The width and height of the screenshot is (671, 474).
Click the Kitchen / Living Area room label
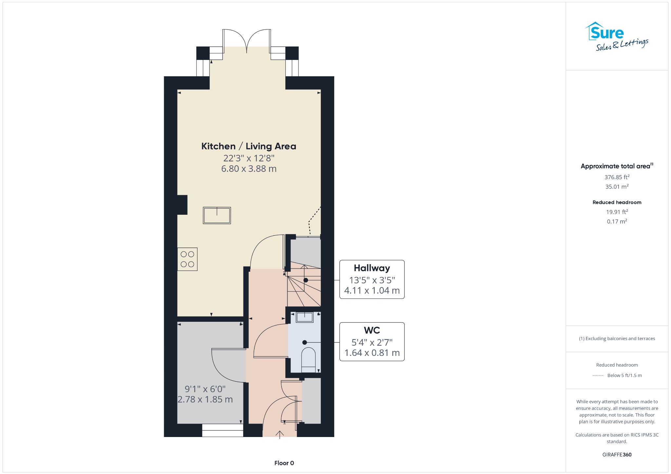249,146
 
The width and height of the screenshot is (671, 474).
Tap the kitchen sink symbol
217,215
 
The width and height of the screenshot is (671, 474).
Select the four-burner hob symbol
187,259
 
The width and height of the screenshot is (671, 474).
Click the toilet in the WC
308,358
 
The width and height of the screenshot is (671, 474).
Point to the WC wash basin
305,317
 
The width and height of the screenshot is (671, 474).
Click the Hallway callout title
372,268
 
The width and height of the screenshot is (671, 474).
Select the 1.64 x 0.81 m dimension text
372,353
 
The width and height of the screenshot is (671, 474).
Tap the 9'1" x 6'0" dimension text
205,389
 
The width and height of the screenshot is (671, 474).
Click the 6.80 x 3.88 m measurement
249,169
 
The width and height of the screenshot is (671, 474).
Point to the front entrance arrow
279,434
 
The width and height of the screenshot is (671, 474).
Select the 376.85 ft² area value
617,177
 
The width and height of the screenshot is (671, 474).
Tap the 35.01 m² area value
617,187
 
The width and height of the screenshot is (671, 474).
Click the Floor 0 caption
284,463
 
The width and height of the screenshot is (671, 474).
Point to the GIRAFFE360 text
617,454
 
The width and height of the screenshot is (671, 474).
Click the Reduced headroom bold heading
617,202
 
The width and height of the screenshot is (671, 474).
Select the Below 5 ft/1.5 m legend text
624,375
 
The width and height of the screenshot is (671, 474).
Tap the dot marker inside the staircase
306,280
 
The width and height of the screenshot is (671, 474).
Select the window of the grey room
222,430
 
